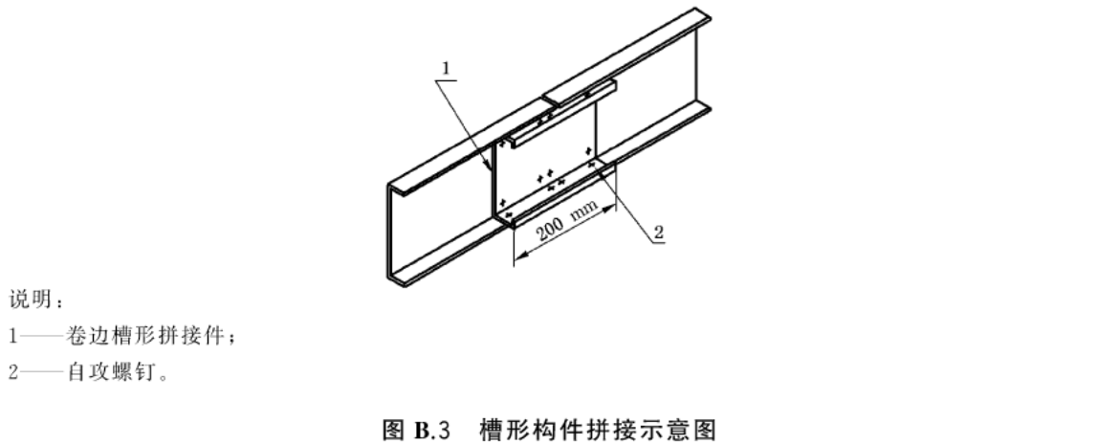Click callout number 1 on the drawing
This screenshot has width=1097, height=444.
(x=446, y=68)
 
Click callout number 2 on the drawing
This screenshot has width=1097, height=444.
(x=658, y=232)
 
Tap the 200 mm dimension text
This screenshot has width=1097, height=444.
(x=567, y=221)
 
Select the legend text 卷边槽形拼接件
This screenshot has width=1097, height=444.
(x=145, y=336)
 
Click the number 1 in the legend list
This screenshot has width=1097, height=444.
(x=12, y=336)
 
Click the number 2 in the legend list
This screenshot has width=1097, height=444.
(x=13, y=372)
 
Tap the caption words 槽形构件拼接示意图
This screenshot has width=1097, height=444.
(x=598, y=429)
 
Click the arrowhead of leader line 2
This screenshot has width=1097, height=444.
(x=593, y=165)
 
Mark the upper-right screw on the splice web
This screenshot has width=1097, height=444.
(x=589, y=150)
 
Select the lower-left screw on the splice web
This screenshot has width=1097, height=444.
(x=502, y=203)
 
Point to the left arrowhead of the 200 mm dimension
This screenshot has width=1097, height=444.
(x=518, y=256)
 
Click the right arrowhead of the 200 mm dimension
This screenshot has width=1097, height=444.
(x=610, y=208)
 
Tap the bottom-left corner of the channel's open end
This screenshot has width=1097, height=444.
(x=389, y=279)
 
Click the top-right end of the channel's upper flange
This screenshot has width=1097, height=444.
(x=710, y=15)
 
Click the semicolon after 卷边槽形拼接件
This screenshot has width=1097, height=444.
(x=231, y=339)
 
